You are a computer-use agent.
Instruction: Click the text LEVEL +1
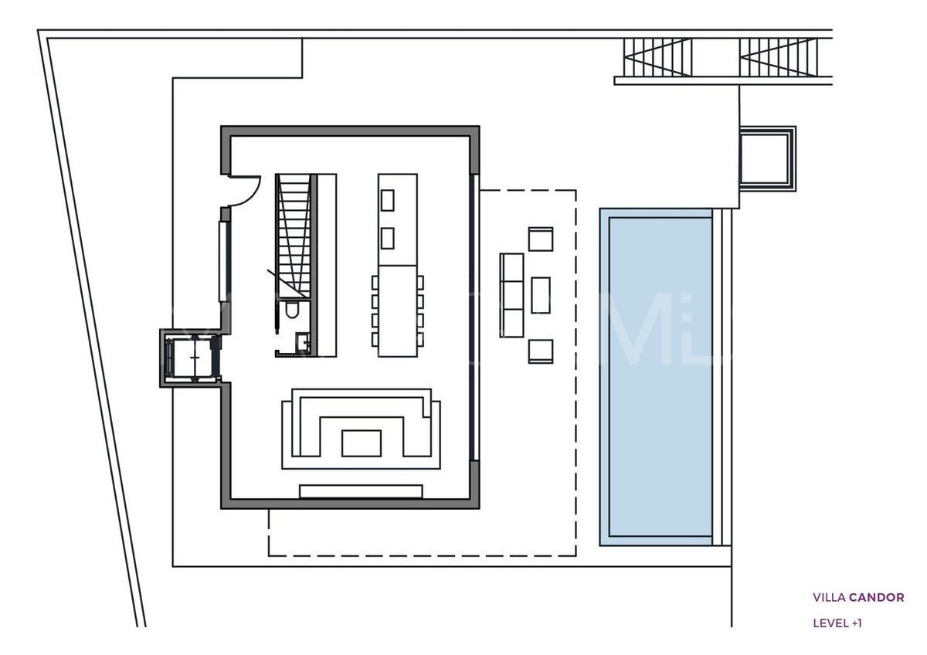pos(837,623)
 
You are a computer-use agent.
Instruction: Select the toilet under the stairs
pos(293,311)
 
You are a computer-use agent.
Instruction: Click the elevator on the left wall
pos(191,357)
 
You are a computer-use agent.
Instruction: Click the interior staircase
pos(294,232)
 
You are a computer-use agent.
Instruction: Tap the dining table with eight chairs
pos(398,311)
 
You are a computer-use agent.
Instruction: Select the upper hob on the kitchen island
pos(388,200)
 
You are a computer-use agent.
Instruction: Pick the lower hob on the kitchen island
pos(388,238)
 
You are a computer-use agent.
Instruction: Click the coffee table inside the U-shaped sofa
pos(361,443)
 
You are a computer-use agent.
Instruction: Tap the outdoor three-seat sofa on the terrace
pos(511,295)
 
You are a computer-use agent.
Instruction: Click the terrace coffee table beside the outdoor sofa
pos(541,295)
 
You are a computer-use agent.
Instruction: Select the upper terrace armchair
pos(541,239)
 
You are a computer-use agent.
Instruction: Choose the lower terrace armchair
pos(541,351)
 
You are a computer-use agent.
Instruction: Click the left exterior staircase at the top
pos(657,57)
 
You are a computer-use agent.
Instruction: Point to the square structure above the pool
pos(766,158)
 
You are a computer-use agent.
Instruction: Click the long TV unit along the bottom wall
pos(361,491)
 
